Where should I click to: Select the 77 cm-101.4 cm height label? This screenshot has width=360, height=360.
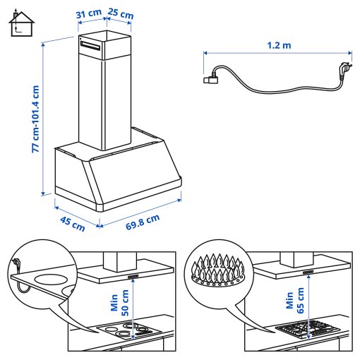(x=35, y=118)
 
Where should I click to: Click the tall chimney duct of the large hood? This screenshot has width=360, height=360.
(x=107, y=92)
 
